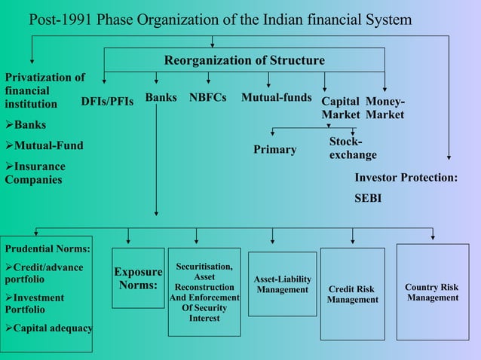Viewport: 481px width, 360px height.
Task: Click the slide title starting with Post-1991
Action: tap(220, 19)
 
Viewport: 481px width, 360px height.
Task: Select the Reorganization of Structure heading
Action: tap(244, 60)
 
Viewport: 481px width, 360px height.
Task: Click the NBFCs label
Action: tap(208, 97)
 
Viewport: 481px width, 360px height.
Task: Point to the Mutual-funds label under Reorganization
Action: tap(277, 97)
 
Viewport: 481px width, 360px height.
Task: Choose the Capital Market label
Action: tap(340, 108)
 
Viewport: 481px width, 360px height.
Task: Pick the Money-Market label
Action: tap(384, 108)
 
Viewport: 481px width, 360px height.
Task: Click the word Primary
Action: tap(274, 149)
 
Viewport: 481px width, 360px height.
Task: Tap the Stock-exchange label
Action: tap(353, 148)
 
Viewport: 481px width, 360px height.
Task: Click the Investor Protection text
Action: tap(406, 178)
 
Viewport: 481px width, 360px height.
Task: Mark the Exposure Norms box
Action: tap(138, 278)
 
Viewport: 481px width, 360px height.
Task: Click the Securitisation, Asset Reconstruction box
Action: tap(204, 291)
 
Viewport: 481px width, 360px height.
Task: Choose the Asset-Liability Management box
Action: tap(282, 284)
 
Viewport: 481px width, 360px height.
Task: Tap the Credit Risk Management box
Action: tap(352, 294)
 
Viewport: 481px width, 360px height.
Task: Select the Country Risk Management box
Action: tap(432, 292)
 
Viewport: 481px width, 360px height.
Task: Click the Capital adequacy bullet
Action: tap(48, 328)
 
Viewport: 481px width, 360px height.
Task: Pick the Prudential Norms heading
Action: tap(47, 248)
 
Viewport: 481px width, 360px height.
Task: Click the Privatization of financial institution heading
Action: tap(44, 90)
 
